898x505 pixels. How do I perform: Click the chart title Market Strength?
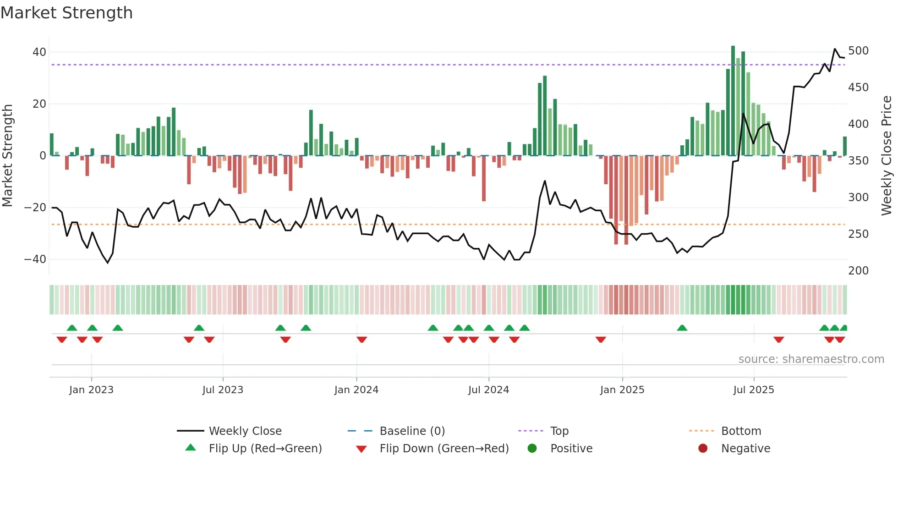pos(66,13)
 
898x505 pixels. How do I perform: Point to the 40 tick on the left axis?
pos(39,52)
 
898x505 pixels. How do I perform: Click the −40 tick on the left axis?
pos(35,259)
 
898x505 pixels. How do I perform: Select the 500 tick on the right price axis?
pos(858,51)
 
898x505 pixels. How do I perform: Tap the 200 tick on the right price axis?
pos(858,271)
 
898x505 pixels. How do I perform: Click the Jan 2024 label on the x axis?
pos(356,390)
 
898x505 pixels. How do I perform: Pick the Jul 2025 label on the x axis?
pos(753,390)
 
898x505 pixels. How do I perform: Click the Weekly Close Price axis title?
pos(887,156)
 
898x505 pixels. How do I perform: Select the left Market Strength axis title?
pos(7,156)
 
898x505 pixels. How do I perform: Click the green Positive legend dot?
pos(532,449)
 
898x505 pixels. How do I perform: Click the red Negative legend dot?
pos(702,449)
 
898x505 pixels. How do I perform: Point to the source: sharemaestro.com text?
pos(811,359)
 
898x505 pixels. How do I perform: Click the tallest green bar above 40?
pos(733,101)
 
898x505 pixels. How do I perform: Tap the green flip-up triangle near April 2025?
pos(682,328)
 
